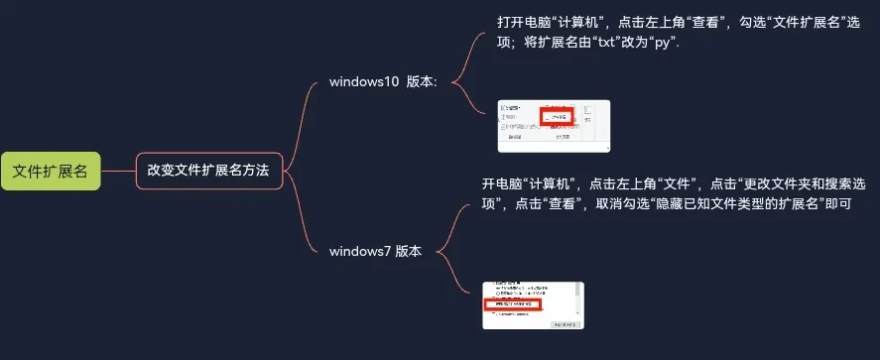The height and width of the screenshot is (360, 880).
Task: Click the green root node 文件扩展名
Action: tap(51, 171)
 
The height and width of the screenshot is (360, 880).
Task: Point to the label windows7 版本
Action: tap(375, 251)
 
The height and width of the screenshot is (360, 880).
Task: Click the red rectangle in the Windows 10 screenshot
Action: tap(559, 116)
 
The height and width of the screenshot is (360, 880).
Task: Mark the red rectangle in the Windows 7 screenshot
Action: tap(513, 304)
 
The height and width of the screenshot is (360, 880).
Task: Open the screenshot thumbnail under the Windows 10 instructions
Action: tap(554, 126)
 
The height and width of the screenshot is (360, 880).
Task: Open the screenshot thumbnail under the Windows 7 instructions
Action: tap(533, 306)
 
